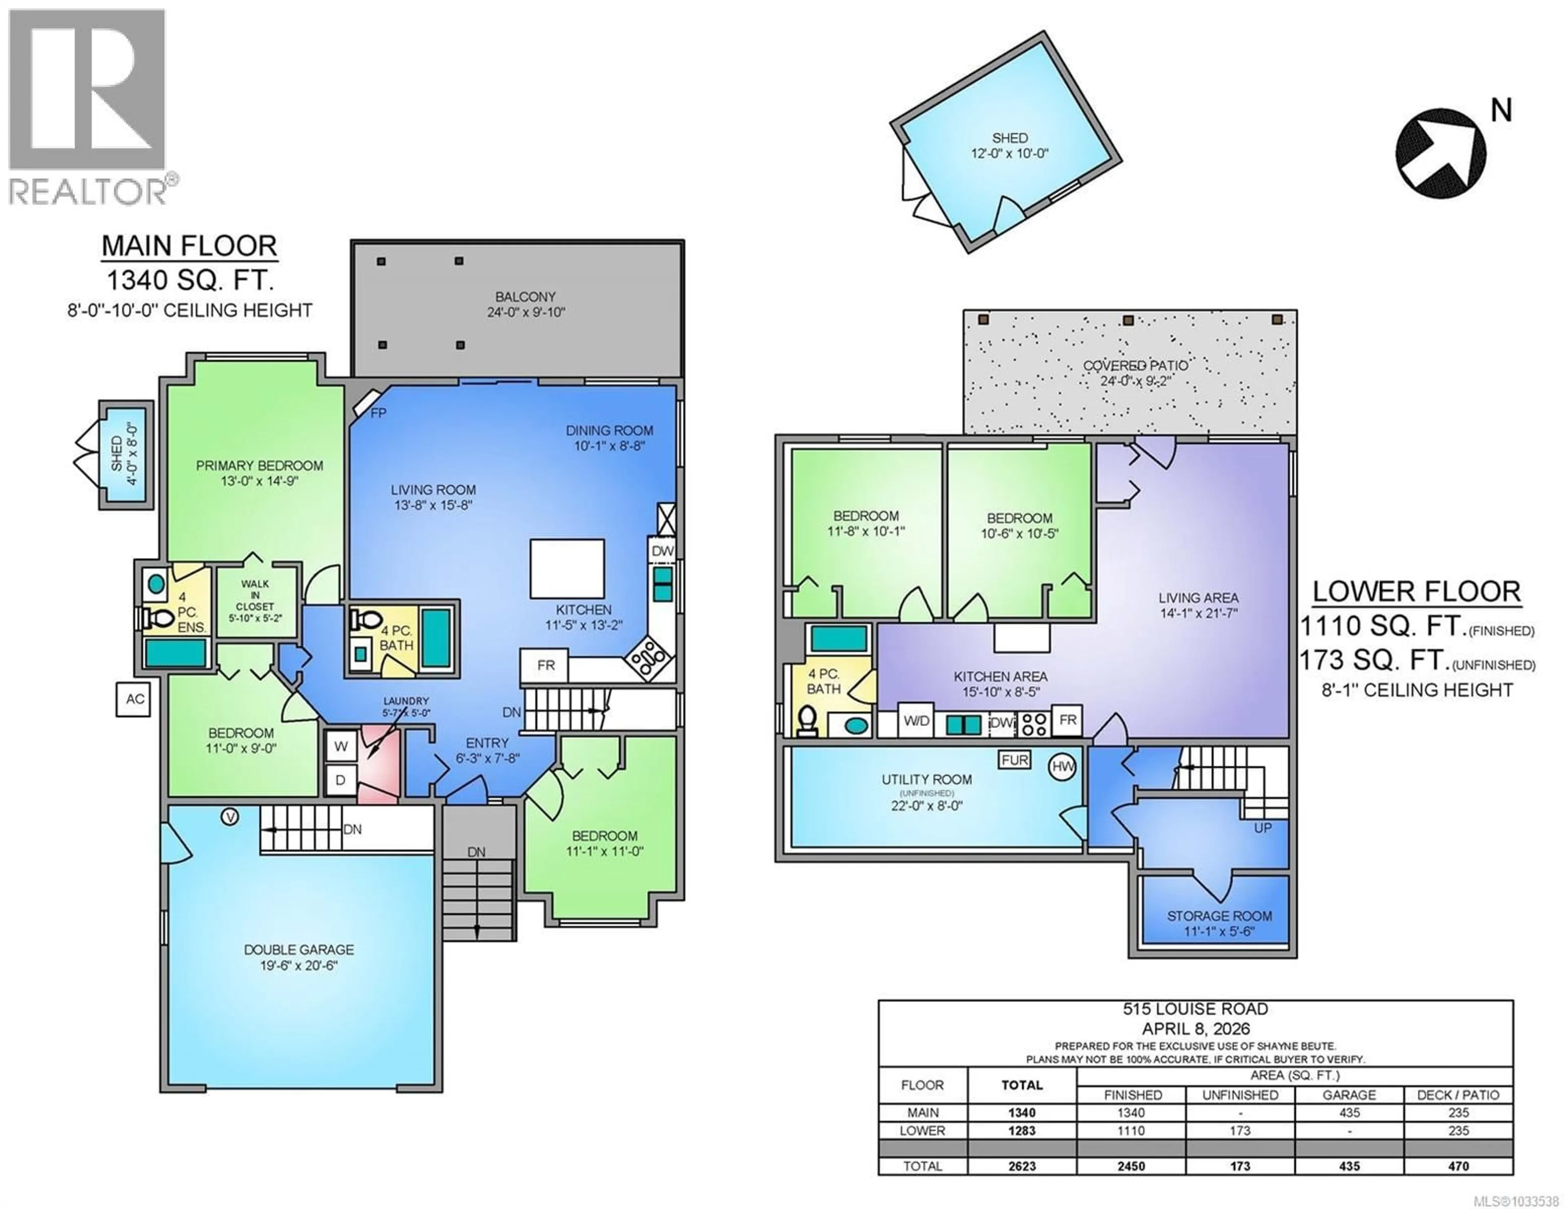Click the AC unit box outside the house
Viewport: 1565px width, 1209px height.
tap(134, 699)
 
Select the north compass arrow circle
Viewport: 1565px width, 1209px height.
tap(1440, 153)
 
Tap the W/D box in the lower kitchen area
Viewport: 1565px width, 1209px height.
tap(916, 721)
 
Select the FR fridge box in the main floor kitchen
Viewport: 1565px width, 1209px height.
tap(545, 665)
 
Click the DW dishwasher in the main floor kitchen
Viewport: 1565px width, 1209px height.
tap(663, 551)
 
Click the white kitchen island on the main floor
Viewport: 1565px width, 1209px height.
tap(567, 568)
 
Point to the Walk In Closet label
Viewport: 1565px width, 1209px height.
tap(255, 601)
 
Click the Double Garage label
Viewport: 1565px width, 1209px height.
tap(299, 957)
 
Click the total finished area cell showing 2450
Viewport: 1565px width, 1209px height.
tap(1131, 1166)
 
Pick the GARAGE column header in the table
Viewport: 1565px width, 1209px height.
tap(1349, 1095)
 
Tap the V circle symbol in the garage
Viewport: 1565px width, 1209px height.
tap(229, 816)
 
